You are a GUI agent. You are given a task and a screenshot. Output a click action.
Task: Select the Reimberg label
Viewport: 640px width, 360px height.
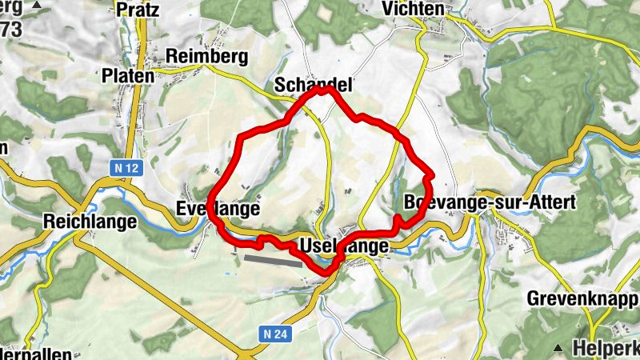tap(207, 57)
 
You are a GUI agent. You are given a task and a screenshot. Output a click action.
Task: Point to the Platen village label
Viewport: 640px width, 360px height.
tap(128, 74)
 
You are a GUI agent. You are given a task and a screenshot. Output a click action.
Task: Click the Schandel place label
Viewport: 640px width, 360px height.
tap(313, 84)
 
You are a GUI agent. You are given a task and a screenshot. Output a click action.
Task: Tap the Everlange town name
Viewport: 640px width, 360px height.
tap(218, 210)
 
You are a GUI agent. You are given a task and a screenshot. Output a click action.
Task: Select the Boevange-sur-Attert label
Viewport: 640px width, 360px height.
tap(490, 202)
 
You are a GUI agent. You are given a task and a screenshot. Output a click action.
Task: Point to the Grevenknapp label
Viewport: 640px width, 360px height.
tap(582, 299)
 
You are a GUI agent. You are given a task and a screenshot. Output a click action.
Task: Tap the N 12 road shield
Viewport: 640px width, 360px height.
tap(118, 168)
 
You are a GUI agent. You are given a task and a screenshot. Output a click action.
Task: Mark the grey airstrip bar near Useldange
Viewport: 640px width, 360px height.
tap(273, 260)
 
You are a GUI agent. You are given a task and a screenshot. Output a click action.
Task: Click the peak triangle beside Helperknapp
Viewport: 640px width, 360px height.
tap(558, 348)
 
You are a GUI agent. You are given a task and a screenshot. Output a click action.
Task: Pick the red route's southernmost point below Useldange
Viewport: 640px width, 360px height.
tap(326, 274)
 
